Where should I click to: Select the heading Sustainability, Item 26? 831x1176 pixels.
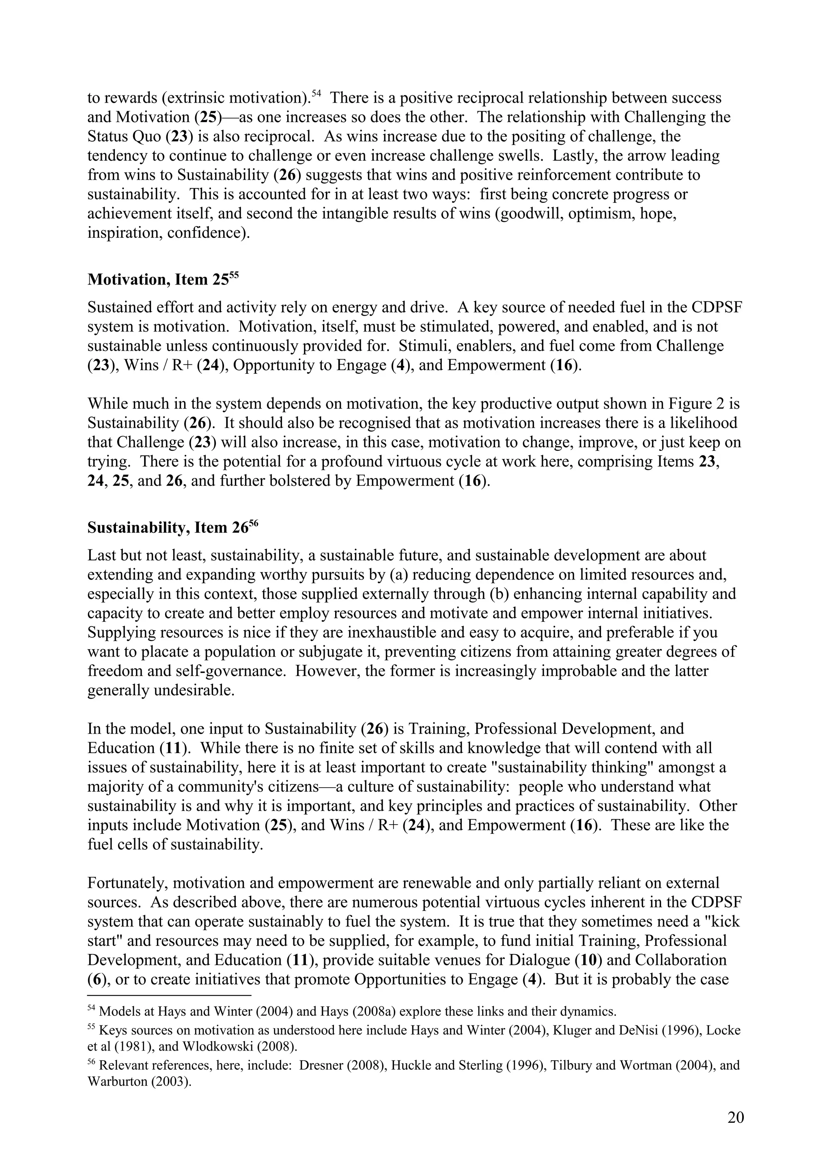click(172, 528)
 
